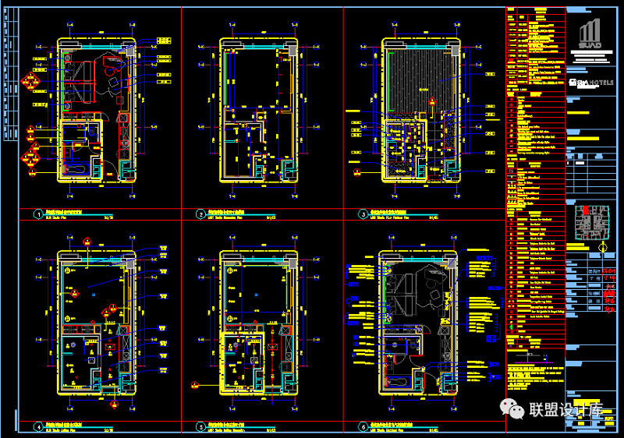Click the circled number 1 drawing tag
[37, 214]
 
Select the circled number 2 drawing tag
[200, 214]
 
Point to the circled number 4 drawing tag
[37, 426]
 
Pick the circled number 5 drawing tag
[200, 426]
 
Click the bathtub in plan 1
[76, 168]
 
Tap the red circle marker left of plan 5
[195, 383]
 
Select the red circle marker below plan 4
[114, 404]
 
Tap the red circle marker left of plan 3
[357, 171]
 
